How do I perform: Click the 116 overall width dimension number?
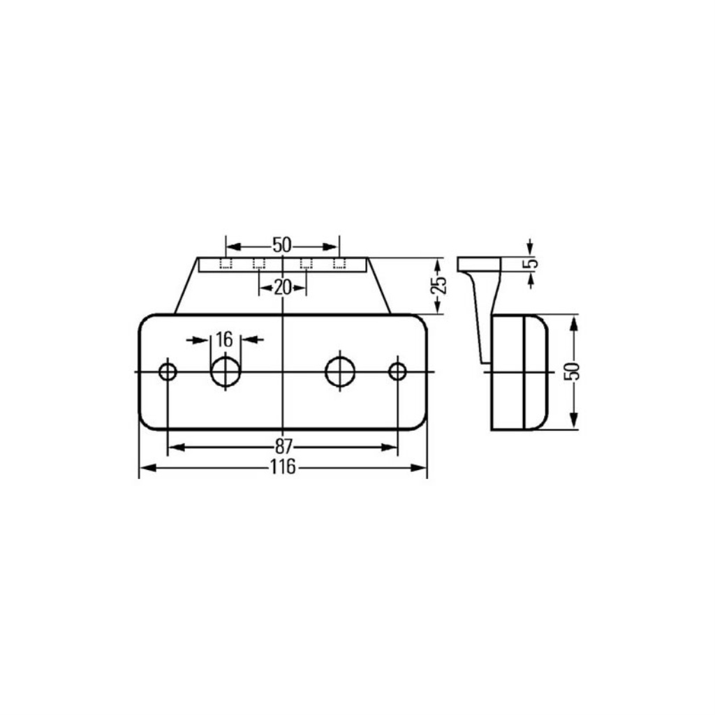tap(283, 467)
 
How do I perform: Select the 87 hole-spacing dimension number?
tap(283, 446)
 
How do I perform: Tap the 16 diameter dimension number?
tap(224, 339)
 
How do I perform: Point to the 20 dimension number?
tap(283, 288)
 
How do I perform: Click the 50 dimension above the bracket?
tap(282, 245)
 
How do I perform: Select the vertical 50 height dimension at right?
tap(574, 371)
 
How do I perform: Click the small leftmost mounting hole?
tap(168, 371)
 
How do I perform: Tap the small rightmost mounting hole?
tap(397, 371)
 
